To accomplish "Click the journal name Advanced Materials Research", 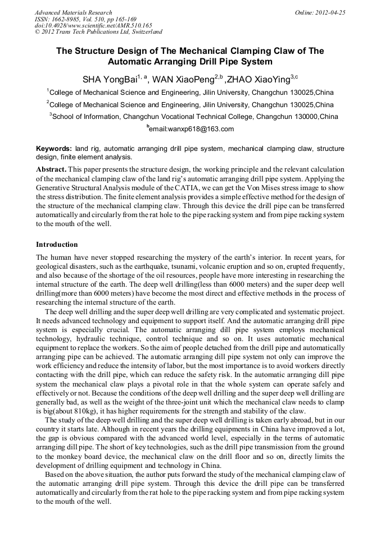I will pyautogui.click(x=73, y=12).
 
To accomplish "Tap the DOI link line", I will pyautogui.click(x=93, y=25).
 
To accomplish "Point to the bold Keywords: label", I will pyautogui.click(x=54, y=149).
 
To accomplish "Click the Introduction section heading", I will pyautogui.click(x=57, y=245).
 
